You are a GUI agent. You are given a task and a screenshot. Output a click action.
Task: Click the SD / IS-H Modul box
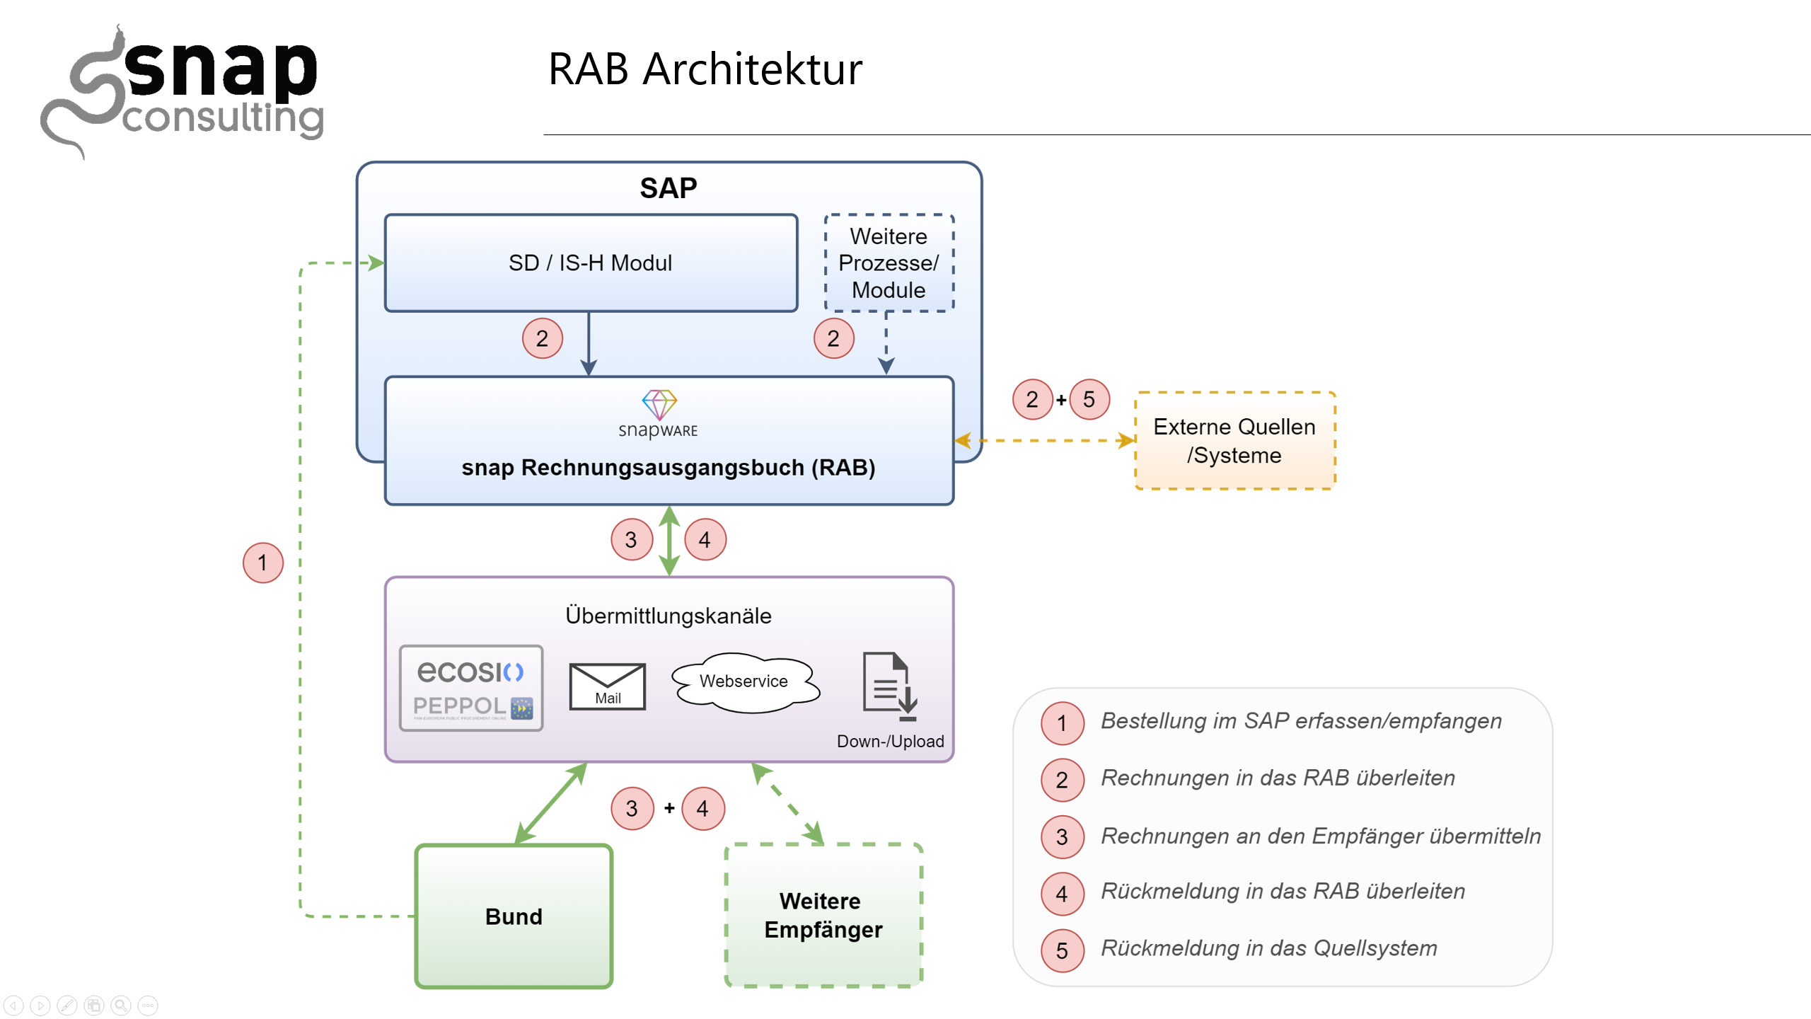click(x=591, y=263)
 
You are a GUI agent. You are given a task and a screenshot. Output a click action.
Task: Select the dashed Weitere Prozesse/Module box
click(x=889, y=263)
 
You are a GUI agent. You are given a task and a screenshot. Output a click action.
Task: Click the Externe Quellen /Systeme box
click(x=1234, y=440)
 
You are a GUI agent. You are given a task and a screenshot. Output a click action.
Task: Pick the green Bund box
click(x=514, y=916)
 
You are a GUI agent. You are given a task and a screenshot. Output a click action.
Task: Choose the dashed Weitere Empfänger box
click(x=823, y=915)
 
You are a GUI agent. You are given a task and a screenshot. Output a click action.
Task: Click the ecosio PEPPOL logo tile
click(x=471, y=688)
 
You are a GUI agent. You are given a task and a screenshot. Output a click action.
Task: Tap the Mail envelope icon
click(x=608, y=686)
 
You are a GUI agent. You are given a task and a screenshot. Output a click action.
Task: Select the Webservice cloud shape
click(x=744, y=681)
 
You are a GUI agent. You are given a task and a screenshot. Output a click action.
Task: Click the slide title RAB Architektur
click(x=705, y=69)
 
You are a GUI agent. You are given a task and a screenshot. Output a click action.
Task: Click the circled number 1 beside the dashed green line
click(x=262, y=563)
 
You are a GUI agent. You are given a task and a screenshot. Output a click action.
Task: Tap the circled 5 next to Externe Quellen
click(x=1089, y=400)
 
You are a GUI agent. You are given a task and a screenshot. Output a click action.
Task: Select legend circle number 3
click(x=1061, y=837)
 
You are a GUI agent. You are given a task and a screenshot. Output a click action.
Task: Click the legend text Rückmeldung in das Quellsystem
click(x=1269, y=948)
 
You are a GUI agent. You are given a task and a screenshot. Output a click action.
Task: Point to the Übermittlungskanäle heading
click(x=668, y=616)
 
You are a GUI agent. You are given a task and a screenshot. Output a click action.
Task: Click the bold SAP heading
click(x=668, y=188)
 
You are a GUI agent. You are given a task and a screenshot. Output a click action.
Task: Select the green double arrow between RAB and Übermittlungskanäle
click(x=669, y=541)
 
